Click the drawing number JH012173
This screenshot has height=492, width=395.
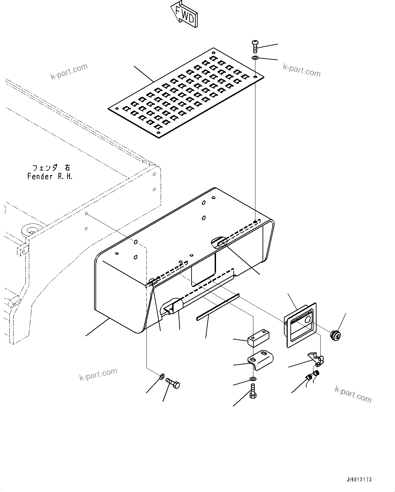359,479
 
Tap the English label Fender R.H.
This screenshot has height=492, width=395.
50,177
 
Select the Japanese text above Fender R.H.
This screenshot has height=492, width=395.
51,168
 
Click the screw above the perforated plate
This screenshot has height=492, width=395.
255,45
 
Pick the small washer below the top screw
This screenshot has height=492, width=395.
255,58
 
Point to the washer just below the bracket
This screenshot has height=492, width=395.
253,379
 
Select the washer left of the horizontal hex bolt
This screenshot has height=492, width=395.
162,376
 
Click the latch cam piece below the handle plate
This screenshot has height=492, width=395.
316,360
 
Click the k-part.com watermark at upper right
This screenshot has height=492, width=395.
302,70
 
